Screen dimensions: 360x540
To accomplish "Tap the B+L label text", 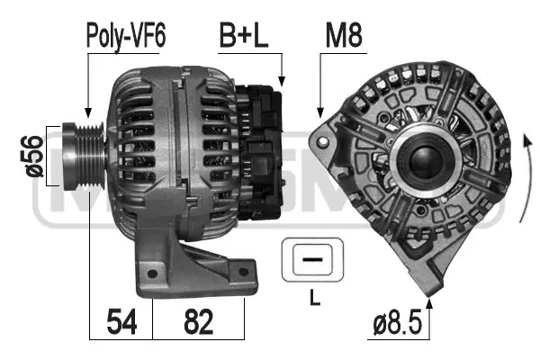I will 244,36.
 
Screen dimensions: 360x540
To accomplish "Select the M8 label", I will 342,36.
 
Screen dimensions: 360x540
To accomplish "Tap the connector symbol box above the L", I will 310,260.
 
